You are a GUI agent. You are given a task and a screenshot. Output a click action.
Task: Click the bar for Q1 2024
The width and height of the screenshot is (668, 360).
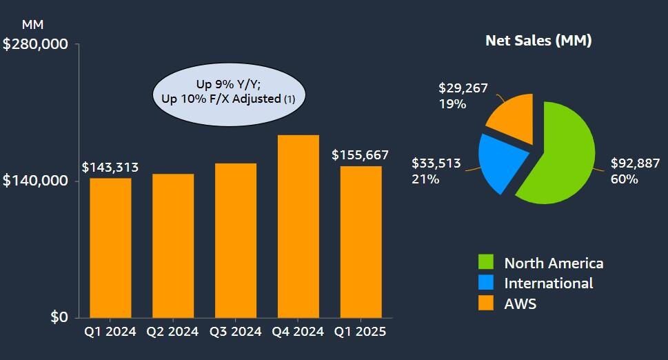pos(110,248)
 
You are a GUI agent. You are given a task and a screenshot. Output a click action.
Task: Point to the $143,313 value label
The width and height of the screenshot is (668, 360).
pos(110,168)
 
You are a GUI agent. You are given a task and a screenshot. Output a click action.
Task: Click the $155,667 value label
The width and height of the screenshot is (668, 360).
pos(360,155)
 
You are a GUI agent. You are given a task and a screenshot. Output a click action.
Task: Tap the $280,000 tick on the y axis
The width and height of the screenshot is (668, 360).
pos(36,44)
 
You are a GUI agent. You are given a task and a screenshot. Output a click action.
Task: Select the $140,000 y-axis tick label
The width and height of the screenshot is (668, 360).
pos(36,181)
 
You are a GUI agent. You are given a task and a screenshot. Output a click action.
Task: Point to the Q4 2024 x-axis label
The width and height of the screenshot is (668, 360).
pos(298,332)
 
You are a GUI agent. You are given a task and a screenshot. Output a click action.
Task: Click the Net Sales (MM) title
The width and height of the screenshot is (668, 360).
pos(538,41)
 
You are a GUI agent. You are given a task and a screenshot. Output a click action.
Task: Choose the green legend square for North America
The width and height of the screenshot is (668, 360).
pos(487,263)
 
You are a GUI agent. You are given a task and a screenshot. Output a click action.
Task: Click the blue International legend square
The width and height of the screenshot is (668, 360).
pos(487,283)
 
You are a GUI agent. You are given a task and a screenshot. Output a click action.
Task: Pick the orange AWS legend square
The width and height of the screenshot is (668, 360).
pos(487,303)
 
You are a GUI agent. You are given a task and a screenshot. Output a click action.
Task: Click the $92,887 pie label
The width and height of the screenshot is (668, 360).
pos(635,164)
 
